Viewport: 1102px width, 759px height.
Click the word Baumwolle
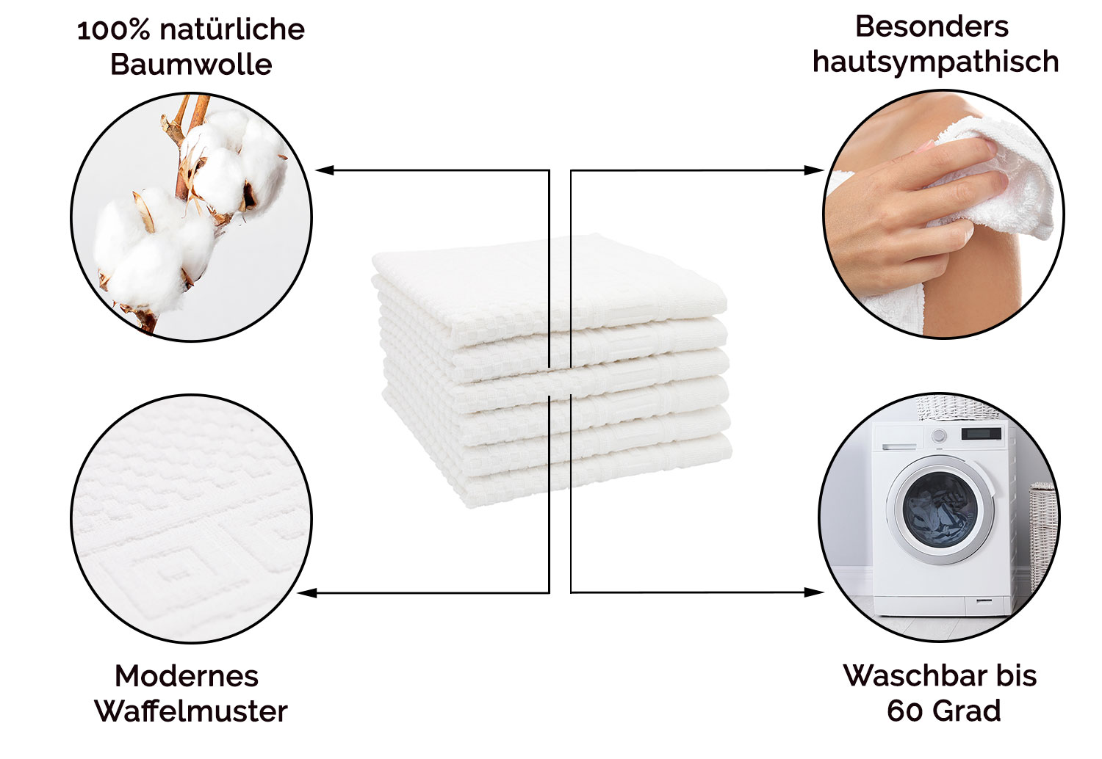pos(191,65)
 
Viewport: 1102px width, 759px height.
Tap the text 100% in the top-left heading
pos(114,30)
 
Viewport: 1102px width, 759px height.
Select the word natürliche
pos(232,29)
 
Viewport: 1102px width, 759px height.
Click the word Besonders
pos(932,26)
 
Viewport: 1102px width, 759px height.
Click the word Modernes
pos(187,676)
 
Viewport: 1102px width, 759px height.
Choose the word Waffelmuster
pos(191,711)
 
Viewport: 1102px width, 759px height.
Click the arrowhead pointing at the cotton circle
pos(325,170)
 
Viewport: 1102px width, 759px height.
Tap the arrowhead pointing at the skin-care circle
pos(814,170)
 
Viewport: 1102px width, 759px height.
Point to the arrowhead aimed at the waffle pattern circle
pos(308,593)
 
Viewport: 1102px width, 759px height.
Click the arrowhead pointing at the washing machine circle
pos(814,592)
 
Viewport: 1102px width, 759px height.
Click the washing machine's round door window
pos(940,509)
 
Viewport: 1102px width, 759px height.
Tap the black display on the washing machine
pos(981,434)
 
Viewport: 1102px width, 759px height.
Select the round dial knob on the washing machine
pos(939,435)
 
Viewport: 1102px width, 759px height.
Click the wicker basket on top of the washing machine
pos(957,407)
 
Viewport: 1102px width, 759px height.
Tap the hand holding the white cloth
pos(910,206)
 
